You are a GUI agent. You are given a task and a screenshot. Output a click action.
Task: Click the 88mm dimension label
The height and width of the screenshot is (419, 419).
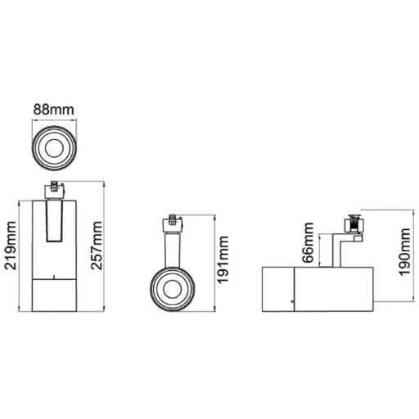point(54,110)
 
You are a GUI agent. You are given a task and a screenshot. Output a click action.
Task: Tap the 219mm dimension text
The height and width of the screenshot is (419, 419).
point(11,246)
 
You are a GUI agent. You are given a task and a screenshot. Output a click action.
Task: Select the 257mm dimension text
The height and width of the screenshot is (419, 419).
point(97,246)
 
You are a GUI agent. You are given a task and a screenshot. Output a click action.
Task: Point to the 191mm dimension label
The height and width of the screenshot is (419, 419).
point(223,260)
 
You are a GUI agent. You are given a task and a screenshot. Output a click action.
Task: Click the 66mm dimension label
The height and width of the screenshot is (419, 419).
point(309,242)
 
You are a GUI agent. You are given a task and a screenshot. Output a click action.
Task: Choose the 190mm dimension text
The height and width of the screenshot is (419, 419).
point(404,252)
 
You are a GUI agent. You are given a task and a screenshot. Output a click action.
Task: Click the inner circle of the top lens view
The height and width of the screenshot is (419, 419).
point(54,148)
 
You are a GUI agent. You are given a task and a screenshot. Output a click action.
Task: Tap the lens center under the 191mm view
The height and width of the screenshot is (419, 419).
point(173,289)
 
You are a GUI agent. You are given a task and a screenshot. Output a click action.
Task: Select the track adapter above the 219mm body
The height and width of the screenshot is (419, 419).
point(55,190)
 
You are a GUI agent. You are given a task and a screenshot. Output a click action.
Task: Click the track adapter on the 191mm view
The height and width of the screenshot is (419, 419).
point(173,223)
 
